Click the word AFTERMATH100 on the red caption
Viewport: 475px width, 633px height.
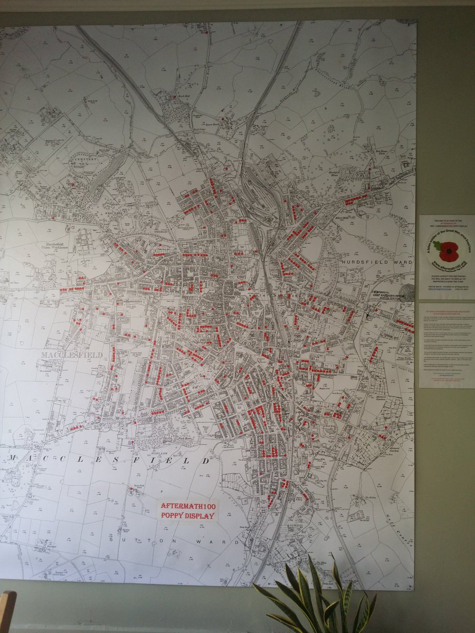188,506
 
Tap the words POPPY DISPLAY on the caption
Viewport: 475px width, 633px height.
188,515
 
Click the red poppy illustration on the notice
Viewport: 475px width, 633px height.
448,252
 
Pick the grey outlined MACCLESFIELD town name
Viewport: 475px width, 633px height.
72,355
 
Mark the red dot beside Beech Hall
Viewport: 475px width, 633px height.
175,97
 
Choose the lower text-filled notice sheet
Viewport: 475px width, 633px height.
446,345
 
